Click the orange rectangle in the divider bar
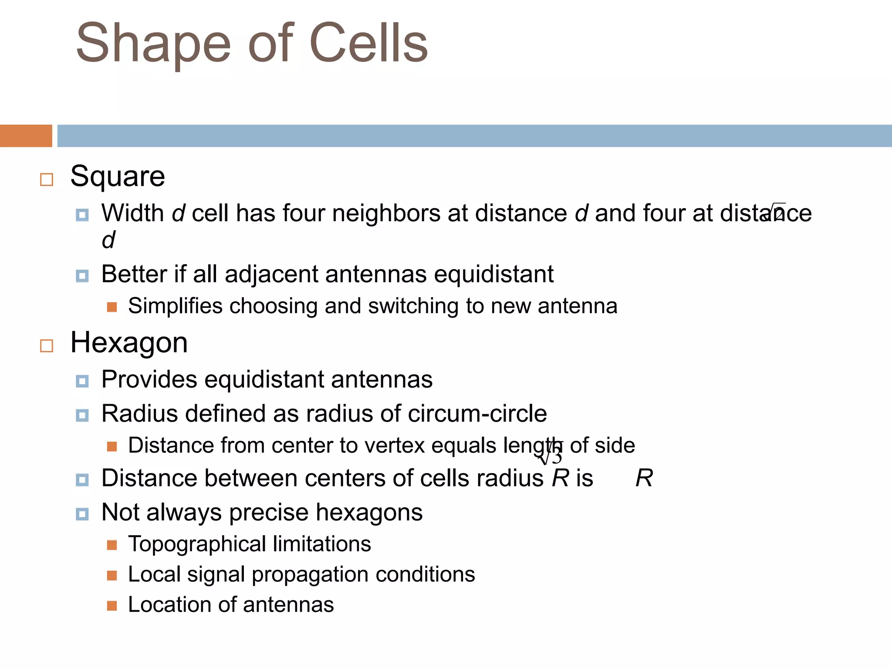(26, 136)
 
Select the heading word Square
(118, 177)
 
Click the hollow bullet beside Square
(47, 179)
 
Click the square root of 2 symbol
(776, 212)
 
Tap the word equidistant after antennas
(494, 274)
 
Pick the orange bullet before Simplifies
(112, 307)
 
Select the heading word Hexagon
(129, 343)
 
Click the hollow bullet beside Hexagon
(47, 346)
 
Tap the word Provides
(149, 379)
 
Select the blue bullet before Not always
(82, 514)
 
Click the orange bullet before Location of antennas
(112, 606)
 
